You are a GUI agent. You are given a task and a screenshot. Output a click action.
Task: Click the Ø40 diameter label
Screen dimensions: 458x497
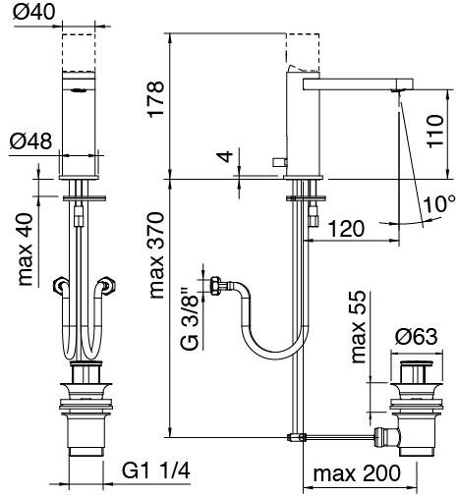click(x=33, y=13)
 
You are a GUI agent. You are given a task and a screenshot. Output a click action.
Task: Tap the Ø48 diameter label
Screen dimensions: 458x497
click(x=30, y=141)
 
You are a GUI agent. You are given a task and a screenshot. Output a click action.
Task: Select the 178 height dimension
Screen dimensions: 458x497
click(x=155, y=99)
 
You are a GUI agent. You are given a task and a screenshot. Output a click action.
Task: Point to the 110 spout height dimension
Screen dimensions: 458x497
click(x=435, y=131)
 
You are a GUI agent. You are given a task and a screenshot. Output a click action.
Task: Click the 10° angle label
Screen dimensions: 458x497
click(x=439, y=203)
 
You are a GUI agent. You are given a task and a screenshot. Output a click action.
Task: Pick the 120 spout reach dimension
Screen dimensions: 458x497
click(x=346, y=229)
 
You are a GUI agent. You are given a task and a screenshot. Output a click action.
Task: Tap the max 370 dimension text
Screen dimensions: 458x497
click(x=156, y=255)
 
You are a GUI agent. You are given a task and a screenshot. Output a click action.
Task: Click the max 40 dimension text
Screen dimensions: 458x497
click(x=26, y=249)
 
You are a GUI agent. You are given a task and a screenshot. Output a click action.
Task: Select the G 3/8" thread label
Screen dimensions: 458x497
click(x=190, y=319)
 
